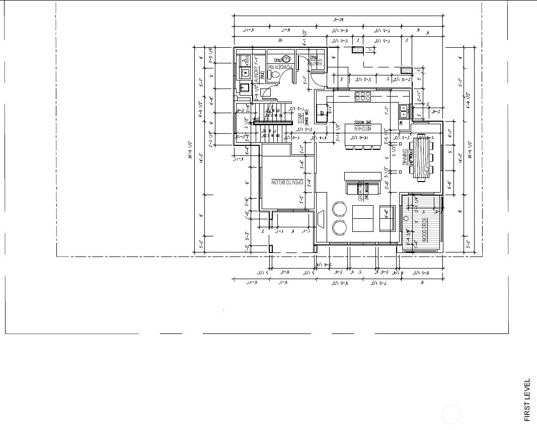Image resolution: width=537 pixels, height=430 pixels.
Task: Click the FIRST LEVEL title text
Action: point(527,400)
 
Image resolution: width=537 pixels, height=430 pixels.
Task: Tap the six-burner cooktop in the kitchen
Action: point(363,96)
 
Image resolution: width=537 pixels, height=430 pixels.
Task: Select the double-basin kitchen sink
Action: point(404,108)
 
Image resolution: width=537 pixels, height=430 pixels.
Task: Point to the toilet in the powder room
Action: point(275,75)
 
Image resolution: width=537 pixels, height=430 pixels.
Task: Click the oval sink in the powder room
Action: point(286,59)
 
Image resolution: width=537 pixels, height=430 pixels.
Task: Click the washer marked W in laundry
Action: point(245,73)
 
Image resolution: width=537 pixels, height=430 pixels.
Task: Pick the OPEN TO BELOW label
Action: point(287,182)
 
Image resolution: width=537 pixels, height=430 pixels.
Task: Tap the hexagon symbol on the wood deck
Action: point(406,218)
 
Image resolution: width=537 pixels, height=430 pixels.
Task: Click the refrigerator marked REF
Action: point(322,113)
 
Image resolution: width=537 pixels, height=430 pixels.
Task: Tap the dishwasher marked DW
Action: point(402,123)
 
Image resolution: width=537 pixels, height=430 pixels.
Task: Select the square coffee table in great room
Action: point(363,218)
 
